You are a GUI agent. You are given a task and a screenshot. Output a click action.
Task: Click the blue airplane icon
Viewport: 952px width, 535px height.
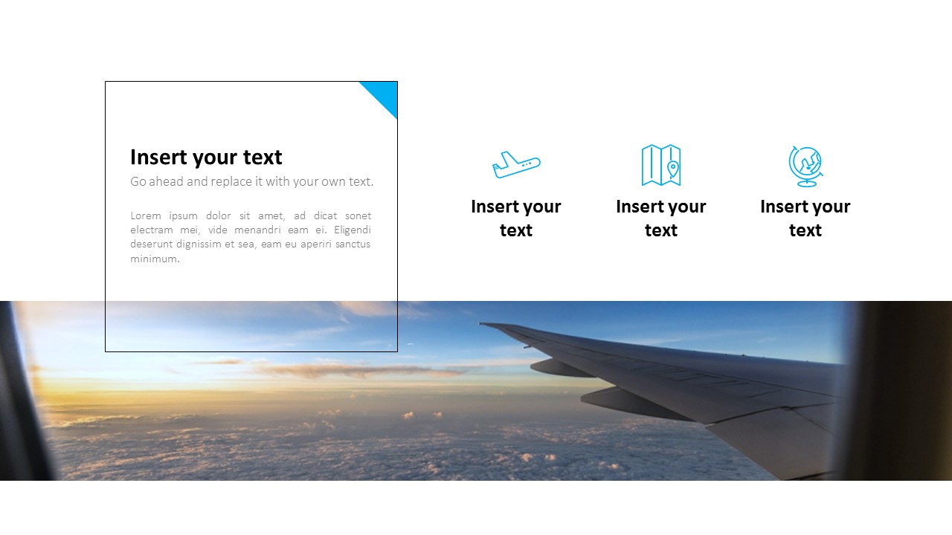click(516, 164)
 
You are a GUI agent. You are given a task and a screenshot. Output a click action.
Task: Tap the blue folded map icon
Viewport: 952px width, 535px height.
click(661, 165)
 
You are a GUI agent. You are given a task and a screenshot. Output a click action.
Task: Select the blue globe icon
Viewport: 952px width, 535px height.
click(805, 166)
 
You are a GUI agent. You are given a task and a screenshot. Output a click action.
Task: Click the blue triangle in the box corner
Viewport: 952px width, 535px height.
click(384, 94)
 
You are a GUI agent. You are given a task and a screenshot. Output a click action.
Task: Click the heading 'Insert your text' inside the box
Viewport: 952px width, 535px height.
click(206, 158)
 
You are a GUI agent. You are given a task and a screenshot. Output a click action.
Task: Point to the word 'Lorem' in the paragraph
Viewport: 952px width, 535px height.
click(146, 216)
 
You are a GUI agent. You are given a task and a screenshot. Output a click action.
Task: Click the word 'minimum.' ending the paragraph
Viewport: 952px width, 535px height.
click(155, 259)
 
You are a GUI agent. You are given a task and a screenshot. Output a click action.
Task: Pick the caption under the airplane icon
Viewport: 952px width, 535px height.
click(516, 218)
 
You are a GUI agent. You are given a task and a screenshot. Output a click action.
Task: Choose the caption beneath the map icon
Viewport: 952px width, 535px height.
click(661, 218)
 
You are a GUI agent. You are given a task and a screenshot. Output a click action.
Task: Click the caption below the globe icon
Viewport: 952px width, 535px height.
click(805, 218)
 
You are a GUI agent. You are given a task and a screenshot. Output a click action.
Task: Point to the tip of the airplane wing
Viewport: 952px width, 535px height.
click(482, 324)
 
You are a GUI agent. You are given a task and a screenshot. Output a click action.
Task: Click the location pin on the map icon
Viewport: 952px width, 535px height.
click(672, 169)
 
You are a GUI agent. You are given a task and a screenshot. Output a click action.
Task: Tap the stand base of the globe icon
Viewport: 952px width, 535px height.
click(806, 184)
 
